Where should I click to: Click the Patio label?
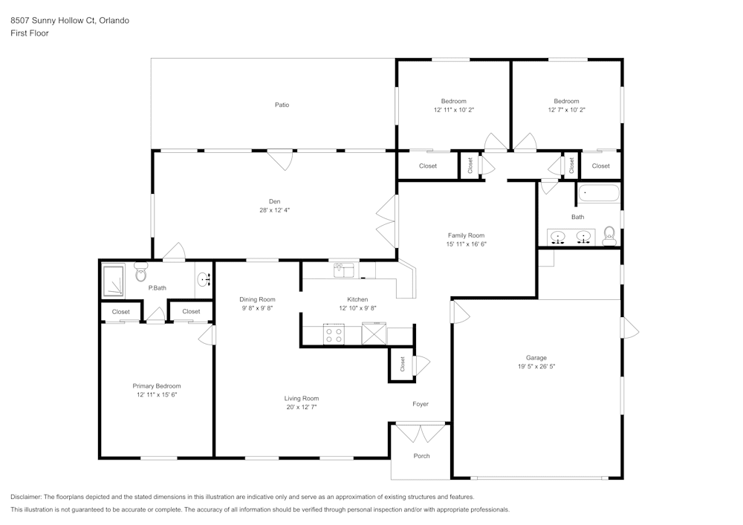coord(282,105)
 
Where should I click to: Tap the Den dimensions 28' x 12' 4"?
coord(274,210)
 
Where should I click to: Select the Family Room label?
coord(467,235)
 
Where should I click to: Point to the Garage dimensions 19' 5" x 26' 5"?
coord(536,366)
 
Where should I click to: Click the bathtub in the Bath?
coord(598,193)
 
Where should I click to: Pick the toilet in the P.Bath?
coord(140,272)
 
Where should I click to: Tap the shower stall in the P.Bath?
coord(113,280)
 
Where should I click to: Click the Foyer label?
coord(421,404)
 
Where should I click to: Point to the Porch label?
coord(422,456)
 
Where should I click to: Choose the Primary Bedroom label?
coord(156,386)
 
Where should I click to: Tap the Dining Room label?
coord(257,299)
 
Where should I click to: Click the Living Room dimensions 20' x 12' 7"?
coord(302,407)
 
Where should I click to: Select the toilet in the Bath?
coord(609,235)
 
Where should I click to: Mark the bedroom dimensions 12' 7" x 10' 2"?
coord(567,110)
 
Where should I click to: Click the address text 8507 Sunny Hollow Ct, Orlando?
coord(70,20)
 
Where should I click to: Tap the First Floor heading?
coord(30,33)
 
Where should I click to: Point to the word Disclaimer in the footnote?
coord(26,497)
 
